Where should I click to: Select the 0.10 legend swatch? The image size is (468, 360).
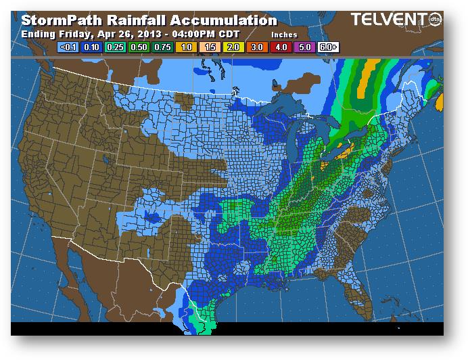click(x=91, y=47)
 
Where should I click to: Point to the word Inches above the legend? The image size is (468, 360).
click(x=284, y=34)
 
